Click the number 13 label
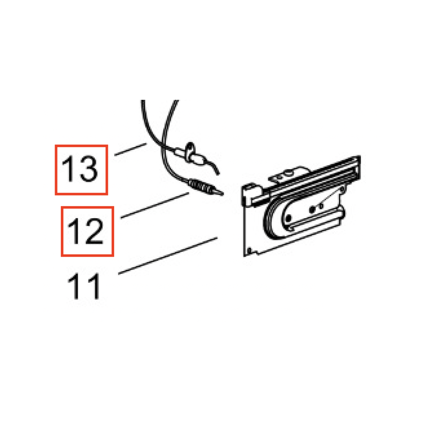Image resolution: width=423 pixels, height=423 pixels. [x=80, y=169]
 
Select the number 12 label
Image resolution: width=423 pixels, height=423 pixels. [x=85, y=231]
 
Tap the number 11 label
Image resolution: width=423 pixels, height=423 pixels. [x=84, y=286]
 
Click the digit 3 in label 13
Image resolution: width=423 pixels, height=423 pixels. [x=89, y=169]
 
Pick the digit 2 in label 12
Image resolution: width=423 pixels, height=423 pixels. [x=94, y=231]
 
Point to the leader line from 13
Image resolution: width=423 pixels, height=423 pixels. [x=131, y=149]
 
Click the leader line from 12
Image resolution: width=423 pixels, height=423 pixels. [x=154, y=205]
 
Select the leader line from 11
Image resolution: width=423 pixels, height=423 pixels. [x=168, y=256]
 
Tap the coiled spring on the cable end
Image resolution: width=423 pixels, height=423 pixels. [x=200, y=186]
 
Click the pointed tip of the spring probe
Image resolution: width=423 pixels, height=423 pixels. [x=223, y=194]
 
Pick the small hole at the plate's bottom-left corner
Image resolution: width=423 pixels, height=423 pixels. [x=249, y=250]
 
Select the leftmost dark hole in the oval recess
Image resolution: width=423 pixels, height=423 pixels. [x=288, y=218]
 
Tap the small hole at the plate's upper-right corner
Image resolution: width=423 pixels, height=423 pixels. [x=343, y=190]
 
